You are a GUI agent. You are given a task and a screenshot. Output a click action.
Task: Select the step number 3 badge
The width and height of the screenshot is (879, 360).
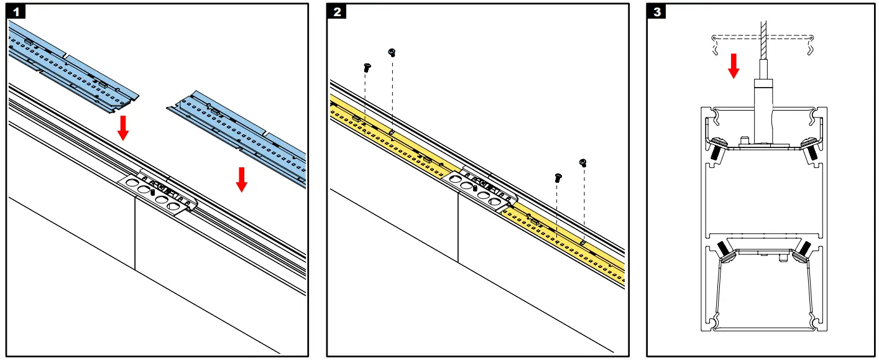(656, 12)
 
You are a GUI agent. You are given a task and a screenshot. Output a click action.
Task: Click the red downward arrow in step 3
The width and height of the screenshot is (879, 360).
(734, 65)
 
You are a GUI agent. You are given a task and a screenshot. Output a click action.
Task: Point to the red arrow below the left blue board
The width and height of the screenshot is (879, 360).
(124, 127)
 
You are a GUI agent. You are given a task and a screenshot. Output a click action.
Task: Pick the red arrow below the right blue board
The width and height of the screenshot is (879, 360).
(242, 178)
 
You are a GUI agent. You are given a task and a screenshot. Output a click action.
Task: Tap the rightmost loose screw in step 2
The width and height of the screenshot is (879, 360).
(583, 163)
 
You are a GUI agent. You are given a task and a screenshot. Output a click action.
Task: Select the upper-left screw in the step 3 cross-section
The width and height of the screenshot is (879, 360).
(716, 148)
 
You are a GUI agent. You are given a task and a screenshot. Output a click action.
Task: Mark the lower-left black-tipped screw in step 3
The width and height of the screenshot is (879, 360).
(723, 248)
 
